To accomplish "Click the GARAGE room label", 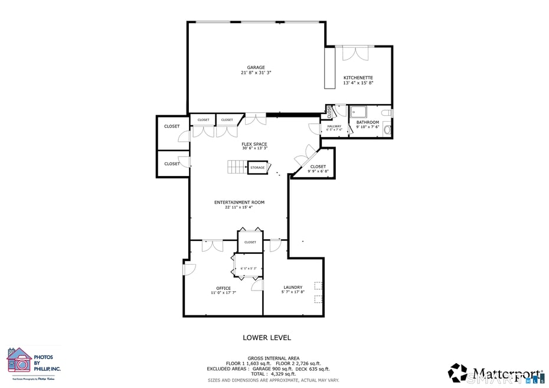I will pyautogui.click(x=256, y=67).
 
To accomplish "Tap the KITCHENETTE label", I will pyautogui.click(x=358, y=78).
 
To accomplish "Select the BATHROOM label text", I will pyautogui.click(x=367, y=122).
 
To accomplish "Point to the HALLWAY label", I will pyautogui.click(x=334, y=126).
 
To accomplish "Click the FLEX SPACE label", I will pyautogui.click(x=254, y=144).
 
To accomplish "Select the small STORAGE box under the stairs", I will pyautogui.click(x=257, y=168).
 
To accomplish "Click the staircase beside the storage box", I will pyautogui.click(x=237, y=167).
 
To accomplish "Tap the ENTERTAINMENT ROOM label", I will pyautogui.click(x=239, y=203).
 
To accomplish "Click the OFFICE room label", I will pyautogui.click(x=223, y=288).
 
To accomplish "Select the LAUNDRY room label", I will pyautogui.click(x=292, y=288).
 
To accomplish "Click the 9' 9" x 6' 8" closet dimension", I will pyautogui.click(x=318, y=172).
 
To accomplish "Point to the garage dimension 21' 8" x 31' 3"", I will pyautogui.click(x=256, y=73).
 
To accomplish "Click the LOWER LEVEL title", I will pyautogui.click(x=267, y=338).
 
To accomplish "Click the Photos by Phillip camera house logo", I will pyautogui.click(x=19, y=360).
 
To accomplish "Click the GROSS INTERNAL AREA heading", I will pyautogui.click(x=273, y=358).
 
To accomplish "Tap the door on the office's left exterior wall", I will pyautogui.click(x=188, y=269).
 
